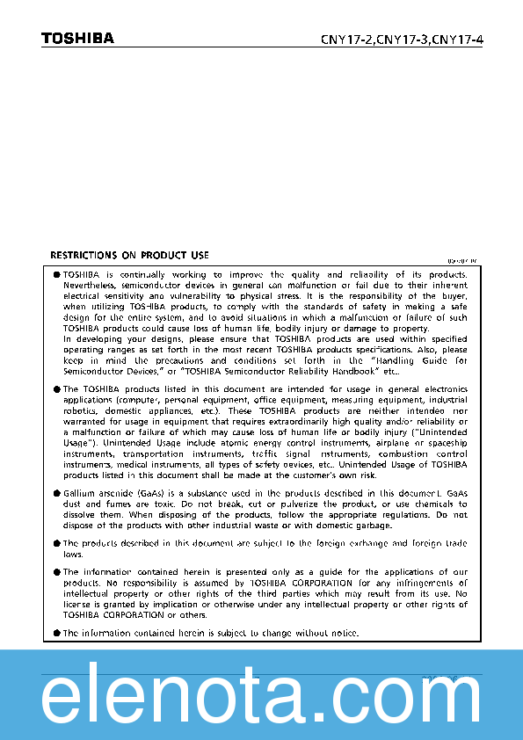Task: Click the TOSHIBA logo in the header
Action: [77, 38]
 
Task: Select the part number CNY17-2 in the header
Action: [346, 39]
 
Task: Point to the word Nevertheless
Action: [89, 285]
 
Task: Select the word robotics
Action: [81, 410]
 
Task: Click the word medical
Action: [124, 464]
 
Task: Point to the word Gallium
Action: [79, 494]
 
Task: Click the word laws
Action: [73, 554]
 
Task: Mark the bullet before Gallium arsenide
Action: [57, 494]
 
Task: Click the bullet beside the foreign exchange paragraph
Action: [57, 544]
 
